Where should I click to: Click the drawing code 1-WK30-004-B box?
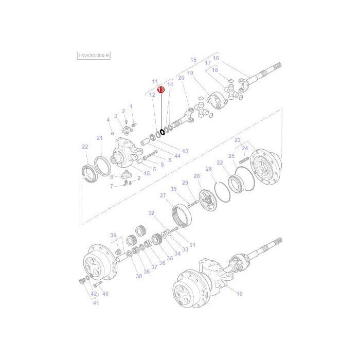pyautogui.click(x=93, y=55)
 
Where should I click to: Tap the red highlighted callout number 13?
pyautogui.click(x=161, y=89)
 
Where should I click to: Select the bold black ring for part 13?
pyautogui.click(x=162, y=132)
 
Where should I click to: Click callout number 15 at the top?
pyautogui.click(x=193, y=60)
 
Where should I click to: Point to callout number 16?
pyautogui.click(x=216, y=58)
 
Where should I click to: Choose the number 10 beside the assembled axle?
pyautogui.click(x=239, y=294)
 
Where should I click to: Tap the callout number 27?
pyautogui.click(x=163, y=195)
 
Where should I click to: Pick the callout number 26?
pyautogui.click(x=209, y=169)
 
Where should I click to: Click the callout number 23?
pyautogui.click(x=237, y=140)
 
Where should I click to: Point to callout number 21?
pyautogui.click(x=100, y=137)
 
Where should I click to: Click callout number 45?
pyautogui.click(x=147, y=173)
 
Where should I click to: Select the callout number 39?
pyautogui.click(x=114, y=235)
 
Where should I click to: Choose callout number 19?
pyautogui.click(x=190, y=74)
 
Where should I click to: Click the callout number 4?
pyautogui.click(x=108, y=120)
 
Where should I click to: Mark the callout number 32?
pyautogui.click(x=151, y=212)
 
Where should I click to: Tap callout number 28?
pyautogui.click(x=196, y=176)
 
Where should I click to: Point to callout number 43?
pyautogui.click(x=185, y=151)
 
